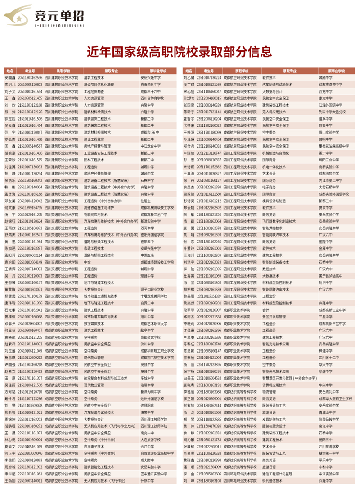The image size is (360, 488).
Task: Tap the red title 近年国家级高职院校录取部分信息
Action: (x=180, y=52)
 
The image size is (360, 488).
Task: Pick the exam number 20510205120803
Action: (x=31, y=84)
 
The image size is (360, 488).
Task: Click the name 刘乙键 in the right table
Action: (x=189, y=77)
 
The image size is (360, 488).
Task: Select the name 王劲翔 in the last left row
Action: (x=10, y=481)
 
